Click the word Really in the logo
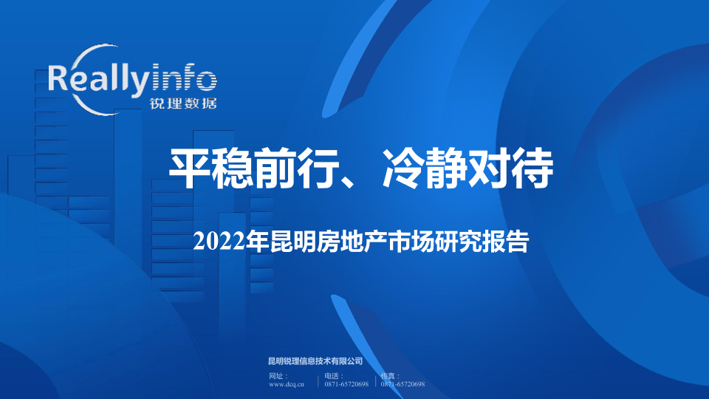tap(98, 80)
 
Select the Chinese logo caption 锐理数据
tap(183, 103)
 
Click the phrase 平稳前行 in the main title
tap(254, 168)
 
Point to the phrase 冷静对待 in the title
tap(468, 168)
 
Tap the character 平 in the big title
tap(190, 168)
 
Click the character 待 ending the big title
tap(533, 168)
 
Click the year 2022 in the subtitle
tap(219, 242)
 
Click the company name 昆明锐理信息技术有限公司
tap(315, 361)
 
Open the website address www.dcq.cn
tap(287, 384)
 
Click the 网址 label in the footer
tap(275, 376)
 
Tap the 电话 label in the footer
tap(332, 376)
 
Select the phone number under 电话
tap(346, 384)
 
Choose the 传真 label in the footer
tap(388, 376)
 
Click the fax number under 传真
tap(403, 384)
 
